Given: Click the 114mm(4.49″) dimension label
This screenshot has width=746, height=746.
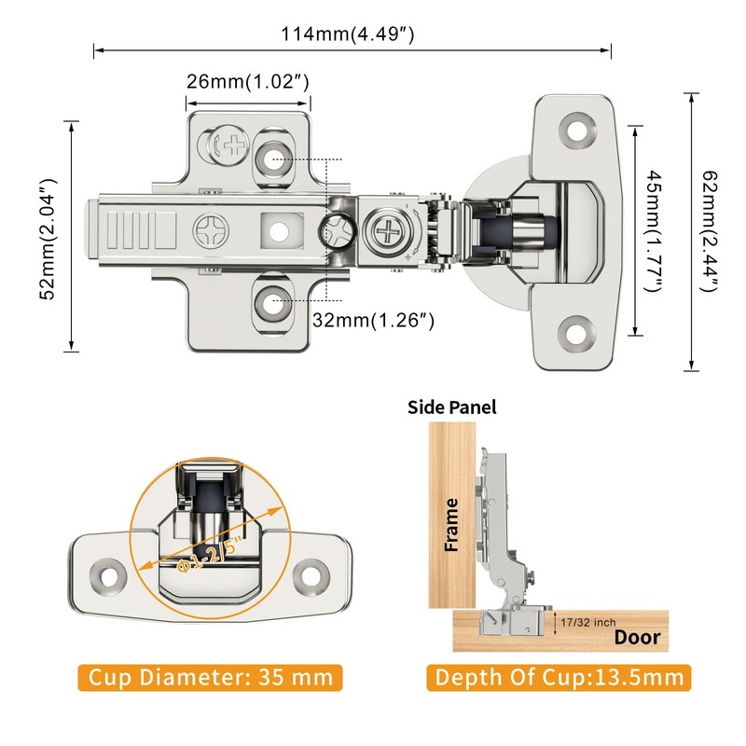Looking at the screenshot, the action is [347, 35].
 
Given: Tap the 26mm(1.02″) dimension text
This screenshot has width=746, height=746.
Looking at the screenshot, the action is [247, 81].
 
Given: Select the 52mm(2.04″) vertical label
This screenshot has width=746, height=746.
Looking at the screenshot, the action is [48, 240].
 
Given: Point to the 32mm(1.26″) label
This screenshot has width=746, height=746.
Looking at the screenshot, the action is [373, 320].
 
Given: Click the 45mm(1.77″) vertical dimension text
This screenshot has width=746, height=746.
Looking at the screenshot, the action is [654, 231].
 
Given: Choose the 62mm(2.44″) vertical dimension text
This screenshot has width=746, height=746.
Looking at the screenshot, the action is [710, 231].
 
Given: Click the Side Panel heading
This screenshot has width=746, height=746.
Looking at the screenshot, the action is [451, 408].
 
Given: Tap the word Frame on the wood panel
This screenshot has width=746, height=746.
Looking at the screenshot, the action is [451, 525].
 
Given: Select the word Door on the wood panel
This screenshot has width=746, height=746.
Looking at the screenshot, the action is [637, 637].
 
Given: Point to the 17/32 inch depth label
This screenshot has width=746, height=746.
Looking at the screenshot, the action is [587, 622].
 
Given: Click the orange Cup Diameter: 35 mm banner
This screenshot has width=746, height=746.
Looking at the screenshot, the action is [211, 678].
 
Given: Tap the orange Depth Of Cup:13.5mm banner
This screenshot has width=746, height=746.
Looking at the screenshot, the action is [559, 678].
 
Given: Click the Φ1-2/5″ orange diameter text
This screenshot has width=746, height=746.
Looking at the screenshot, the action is [210, 554].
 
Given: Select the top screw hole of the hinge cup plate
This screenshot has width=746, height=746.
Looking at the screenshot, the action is [577, 131].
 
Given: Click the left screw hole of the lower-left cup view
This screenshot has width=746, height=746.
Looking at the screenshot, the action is [108, 577].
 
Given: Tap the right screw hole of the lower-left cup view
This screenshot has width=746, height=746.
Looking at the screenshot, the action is [311, 577].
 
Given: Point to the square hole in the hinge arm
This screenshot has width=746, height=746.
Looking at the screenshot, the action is [282, 231].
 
